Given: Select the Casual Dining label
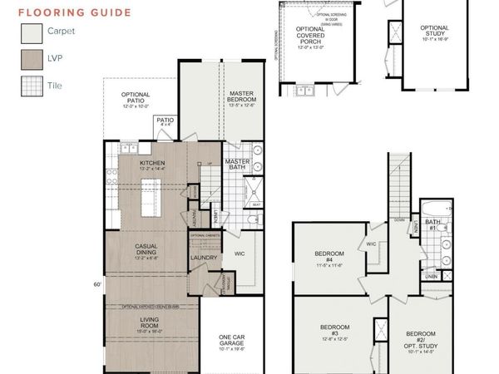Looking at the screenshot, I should point(153,249).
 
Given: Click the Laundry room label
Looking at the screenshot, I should point(204,258).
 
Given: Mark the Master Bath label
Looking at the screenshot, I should point(238,164).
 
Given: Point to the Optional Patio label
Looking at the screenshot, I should point(135,99).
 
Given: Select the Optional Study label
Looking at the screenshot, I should point(433,32).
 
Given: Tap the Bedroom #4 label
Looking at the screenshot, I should point(329,258).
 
